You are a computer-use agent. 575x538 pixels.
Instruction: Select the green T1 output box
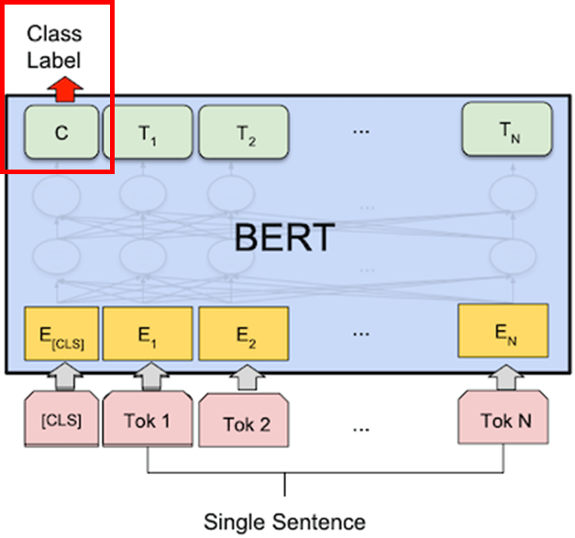(x=147, y=134)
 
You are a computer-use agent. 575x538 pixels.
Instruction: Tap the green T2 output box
(x=243, y=134)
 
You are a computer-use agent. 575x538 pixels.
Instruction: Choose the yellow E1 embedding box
(x=147, y=336)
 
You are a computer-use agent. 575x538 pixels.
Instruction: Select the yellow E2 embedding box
(x=243, y=336)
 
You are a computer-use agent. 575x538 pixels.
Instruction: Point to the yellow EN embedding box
(x=503, y=335)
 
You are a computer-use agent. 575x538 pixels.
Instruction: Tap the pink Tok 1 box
(x=147, y=422)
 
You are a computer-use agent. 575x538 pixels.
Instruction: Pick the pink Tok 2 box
(x=245, y=424)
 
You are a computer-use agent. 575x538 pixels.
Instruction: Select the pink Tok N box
(x=505, y=422)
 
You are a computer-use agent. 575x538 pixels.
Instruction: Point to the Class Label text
(x=53, y=48)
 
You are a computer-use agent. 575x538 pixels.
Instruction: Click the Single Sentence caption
(x=284, y=522)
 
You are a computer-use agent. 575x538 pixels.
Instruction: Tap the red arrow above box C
(x=66, y=88)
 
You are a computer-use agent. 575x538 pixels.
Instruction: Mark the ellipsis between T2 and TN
(x=360, y=132)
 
